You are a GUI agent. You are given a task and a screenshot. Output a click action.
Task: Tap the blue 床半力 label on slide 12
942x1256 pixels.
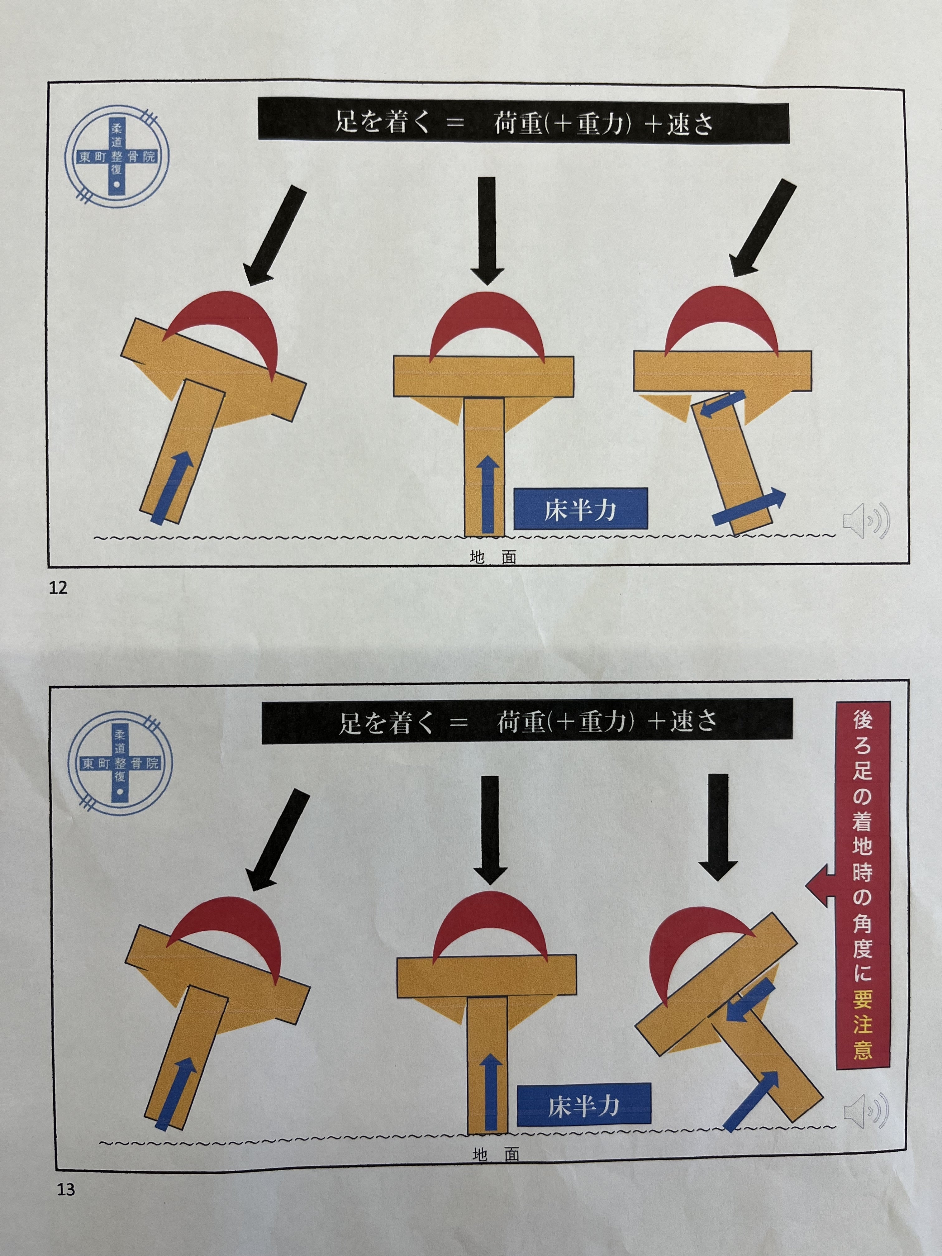[580, 509]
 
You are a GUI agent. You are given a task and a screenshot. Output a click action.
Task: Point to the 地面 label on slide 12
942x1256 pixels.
[493, 558]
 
